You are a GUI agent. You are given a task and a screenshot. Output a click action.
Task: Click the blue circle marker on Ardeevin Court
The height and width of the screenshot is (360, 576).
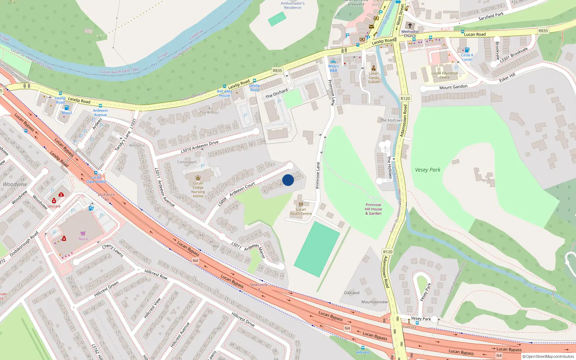pyautogui.click(x=288, y=180)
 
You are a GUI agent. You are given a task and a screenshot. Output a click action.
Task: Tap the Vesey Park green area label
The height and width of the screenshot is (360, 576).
pyautogui.click(x=428, y=170)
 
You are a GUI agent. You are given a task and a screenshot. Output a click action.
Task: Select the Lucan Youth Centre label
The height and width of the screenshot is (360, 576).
pyautogui.click(x=301, y=211)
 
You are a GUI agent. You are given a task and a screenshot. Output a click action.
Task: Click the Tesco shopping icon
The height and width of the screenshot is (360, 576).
pyautogui.click(x=83, y=233)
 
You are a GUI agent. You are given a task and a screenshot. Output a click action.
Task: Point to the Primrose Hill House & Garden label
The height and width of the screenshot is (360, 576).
pyautogui.click(x=373, y=209)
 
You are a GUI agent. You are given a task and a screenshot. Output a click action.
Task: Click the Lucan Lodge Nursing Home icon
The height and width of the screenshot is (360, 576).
pyautogui.click(x=198, y=177)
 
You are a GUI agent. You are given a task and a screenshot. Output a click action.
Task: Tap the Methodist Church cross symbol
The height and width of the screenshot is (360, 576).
pyautogui.click(x=410, y=26)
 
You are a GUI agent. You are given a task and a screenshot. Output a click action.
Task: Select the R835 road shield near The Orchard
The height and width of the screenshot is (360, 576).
pyautogui.click(x=277, y=71)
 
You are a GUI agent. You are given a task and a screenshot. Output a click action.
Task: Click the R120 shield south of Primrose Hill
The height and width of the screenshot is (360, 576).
pyautogui.click(x=388, y=252)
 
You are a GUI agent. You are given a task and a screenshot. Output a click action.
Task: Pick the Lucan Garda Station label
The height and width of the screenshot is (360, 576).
pyautogui.click(x=374, y=77)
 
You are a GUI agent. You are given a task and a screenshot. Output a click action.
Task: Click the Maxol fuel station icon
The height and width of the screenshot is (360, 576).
pyautogui.click(x=67, y=108)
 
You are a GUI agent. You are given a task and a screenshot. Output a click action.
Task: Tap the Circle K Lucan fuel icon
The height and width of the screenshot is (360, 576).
pyautogui.click(x=467, y=50)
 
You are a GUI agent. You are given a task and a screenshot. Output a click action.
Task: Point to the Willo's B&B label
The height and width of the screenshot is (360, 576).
pyautogui.click(x=333, y=68)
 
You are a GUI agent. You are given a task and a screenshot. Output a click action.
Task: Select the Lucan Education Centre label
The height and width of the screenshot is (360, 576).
pyautogui.click(x=445, y=75)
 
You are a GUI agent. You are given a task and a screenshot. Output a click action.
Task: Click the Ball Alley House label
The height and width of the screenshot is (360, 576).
pyautogui.click(x=224, y=93)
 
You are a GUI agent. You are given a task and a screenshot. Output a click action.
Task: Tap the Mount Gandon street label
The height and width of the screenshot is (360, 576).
pyautogui.click(x=453, y=87)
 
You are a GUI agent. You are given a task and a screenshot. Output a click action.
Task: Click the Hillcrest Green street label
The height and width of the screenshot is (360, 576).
pyautogui.click(x=106, y=289)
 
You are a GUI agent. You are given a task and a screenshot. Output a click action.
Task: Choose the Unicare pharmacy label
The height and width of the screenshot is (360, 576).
pyautogui.click(x=54, y=206)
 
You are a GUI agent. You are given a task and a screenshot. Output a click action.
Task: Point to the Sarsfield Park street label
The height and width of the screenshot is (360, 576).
pyautogui.click(x=491, y=16)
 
